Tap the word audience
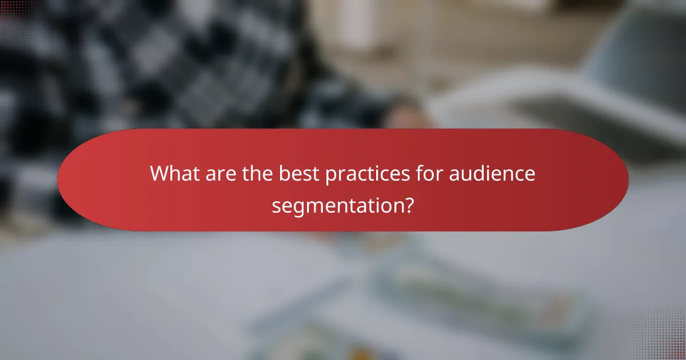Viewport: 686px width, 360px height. click(x=493, y=173)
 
